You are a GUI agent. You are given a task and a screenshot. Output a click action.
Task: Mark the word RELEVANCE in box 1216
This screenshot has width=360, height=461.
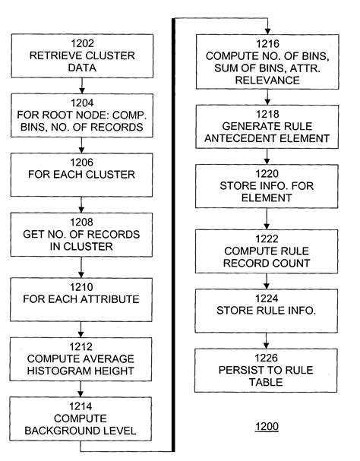click(x=266, y=77)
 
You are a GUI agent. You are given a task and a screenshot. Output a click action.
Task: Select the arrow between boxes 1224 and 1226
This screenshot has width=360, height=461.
click(x=266, y=339)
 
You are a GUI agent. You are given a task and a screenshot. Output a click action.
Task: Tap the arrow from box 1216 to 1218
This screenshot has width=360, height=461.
click(x=266, y=98)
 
